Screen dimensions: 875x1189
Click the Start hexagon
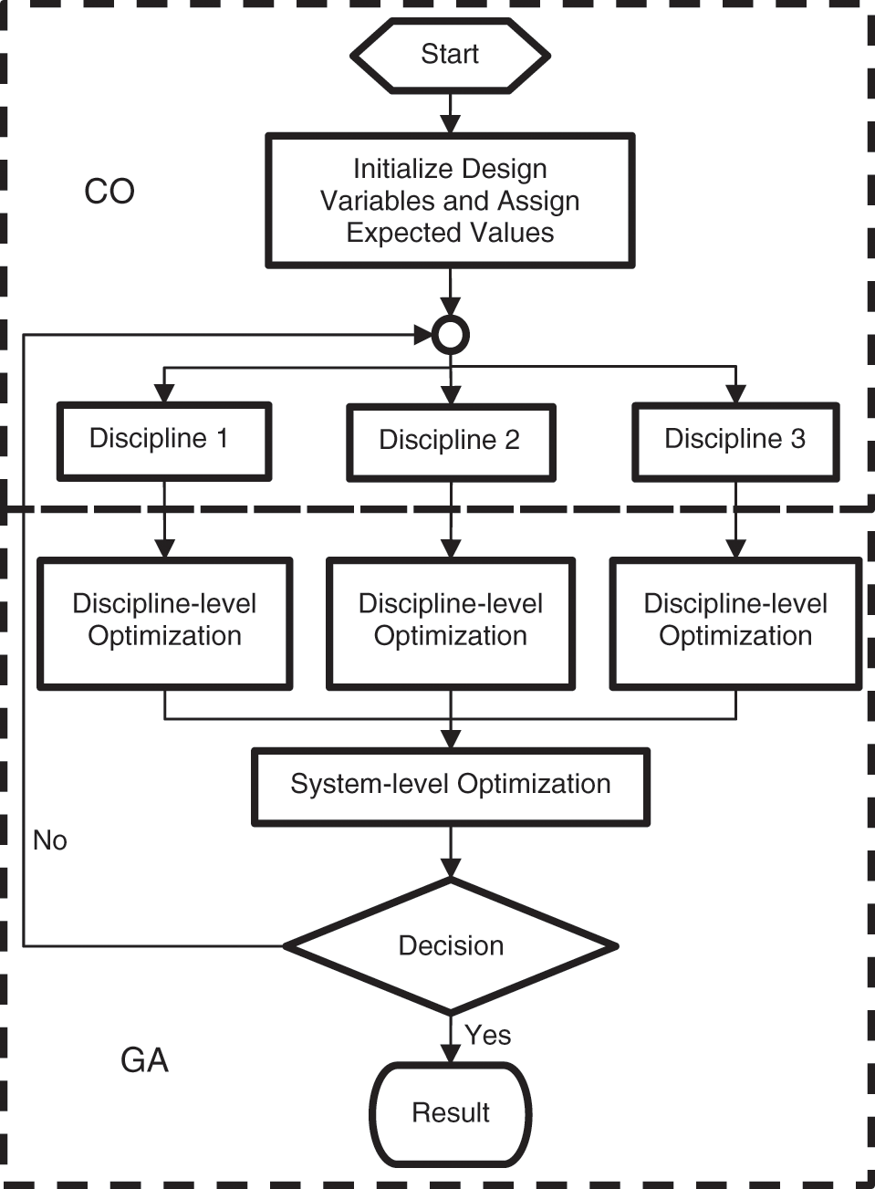pyautogui.click(x=451, y=56)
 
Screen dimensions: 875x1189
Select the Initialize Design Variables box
pyautogui.click(x=450, y=201)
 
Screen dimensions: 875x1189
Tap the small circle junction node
pyautogui.click(x=451, y=335)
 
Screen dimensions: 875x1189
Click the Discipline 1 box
pyautogui.click(x=164, y=442)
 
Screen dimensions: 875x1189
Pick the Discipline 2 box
pyautogui.click(x=451, y=443)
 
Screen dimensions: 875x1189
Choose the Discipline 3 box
pyautogui.click(x=735, y=443)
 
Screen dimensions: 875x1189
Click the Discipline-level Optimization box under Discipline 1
pyautogui.click(x=164, y=623)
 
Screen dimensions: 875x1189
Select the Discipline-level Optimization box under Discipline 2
pyautogui.click(x=451, y=623)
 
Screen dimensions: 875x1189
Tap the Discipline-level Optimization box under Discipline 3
pyautogui.click(x=735, y=623)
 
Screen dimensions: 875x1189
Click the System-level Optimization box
pyautogui.click(x=451, y=787)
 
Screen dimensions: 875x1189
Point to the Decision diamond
pyautogui.click(x=451, y=946)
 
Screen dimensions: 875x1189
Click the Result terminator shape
pyautogui.click(x=451, y=1113)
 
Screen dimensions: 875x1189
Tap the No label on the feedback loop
pyautogui.click(x=50, y=840)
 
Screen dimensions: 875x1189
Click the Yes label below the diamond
pyautogui.click(x=487, y=1035)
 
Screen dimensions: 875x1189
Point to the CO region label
pyautogui.click(x=109, y=191)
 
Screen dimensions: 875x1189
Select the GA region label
pyautogui.click(x=144, y=1060)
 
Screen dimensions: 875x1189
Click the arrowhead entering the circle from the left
pyautogui.click(x=423, y=335)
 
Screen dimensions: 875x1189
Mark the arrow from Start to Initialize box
pyautogui.click(x=451, y=113)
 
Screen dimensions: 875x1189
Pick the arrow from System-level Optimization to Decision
pyautogui.click(x=451, y=852)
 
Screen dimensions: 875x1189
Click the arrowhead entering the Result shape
pyautogui.click(x=451, y=1053)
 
